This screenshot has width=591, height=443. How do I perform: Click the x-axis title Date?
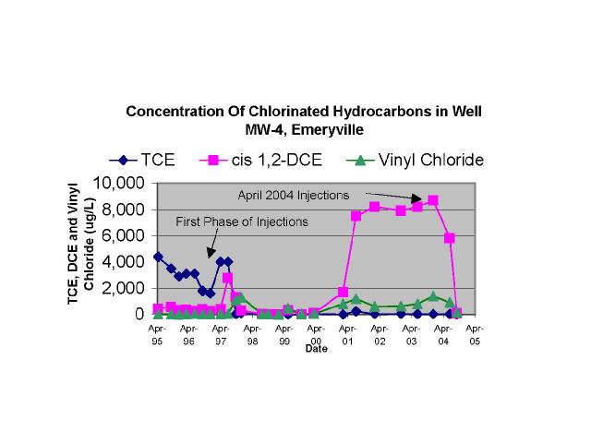click(x=317, y=348)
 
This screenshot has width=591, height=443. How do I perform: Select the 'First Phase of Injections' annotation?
click(x=242, y=221)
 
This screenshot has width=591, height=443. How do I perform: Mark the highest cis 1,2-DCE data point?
click(x=433, y=200)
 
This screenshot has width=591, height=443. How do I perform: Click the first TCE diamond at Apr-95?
click(x=158, y=257)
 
